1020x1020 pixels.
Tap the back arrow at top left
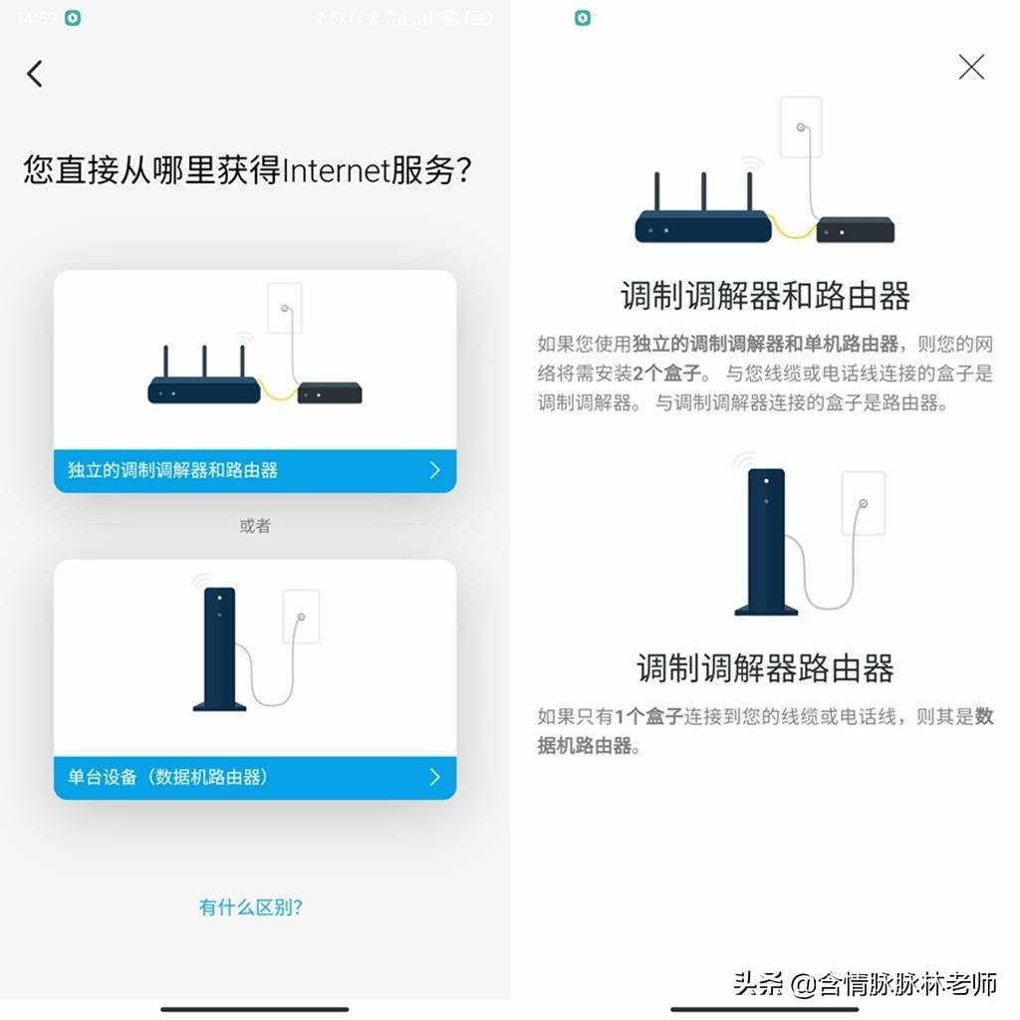point(35,74)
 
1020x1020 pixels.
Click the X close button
point(970,67)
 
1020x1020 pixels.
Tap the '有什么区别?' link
point(251,907)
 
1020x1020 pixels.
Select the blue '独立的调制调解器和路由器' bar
point(255,470)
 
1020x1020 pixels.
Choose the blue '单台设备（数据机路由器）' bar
point(255,777)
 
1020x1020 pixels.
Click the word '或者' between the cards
point(255,526)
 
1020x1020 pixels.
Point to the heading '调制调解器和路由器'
point(765,296)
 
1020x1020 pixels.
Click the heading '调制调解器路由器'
point(765,668)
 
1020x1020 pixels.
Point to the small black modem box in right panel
point(855,231)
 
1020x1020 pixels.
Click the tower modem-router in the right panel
point(765,538)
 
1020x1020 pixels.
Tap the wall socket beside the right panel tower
point(863,503)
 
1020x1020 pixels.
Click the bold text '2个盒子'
point(666,375)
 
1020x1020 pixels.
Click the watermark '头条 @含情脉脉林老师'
point(865,986)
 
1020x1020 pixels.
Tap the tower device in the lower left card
point(219,647)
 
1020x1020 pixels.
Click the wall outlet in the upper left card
point(285,309)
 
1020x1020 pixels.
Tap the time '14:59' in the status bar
point(37,18)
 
